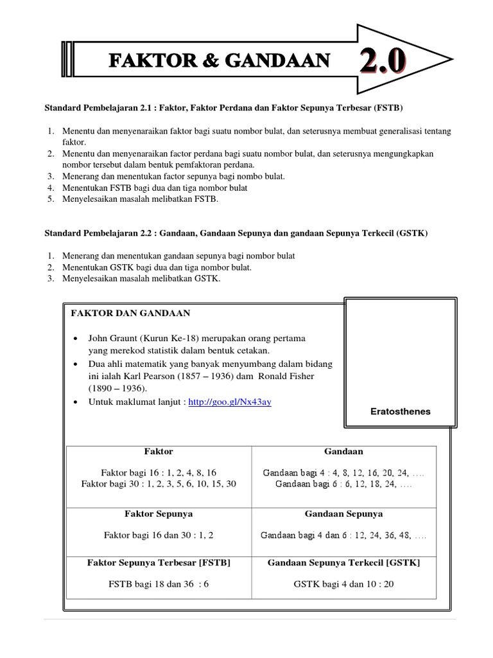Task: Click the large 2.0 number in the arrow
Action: [382, 62]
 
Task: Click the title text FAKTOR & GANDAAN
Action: [220, 61]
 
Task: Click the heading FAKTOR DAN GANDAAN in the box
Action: [131, 313]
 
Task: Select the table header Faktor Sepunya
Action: [159, 514]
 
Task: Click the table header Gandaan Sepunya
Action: [343, 514]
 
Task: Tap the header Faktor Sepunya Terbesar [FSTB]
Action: [159, 562]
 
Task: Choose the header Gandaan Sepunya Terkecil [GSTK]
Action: [343, 562]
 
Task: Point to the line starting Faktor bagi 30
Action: [159, 484]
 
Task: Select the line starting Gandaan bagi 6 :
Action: [343, 484]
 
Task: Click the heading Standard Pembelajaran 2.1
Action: [225, 106]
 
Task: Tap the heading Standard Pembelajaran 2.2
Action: [235, 233]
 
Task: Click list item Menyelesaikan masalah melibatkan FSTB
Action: [141, 200]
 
